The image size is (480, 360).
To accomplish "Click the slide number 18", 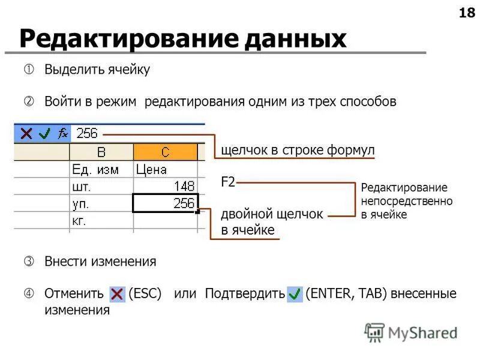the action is coord(466,14).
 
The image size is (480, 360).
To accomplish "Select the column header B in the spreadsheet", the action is coord(102,152).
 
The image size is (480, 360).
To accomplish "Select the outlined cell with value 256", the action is coord(166,203).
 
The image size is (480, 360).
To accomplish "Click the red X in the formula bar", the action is coord(26,133).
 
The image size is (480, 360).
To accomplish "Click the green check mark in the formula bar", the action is coord(44,133).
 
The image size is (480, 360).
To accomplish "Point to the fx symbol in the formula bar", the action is coord(62,133).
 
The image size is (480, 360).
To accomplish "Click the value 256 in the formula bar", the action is coord(87,133).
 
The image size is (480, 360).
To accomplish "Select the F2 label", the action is coord(228,182).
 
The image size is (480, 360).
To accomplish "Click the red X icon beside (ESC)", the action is coord(118,295).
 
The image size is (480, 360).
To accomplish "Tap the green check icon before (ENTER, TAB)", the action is coord(295,295).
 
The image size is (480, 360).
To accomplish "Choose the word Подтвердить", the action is coord(244,294).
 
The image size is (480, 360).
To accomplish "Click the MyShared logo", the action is coord(411,332).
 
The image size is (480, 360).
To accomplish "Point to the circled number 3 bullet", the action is coord(28,262).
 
